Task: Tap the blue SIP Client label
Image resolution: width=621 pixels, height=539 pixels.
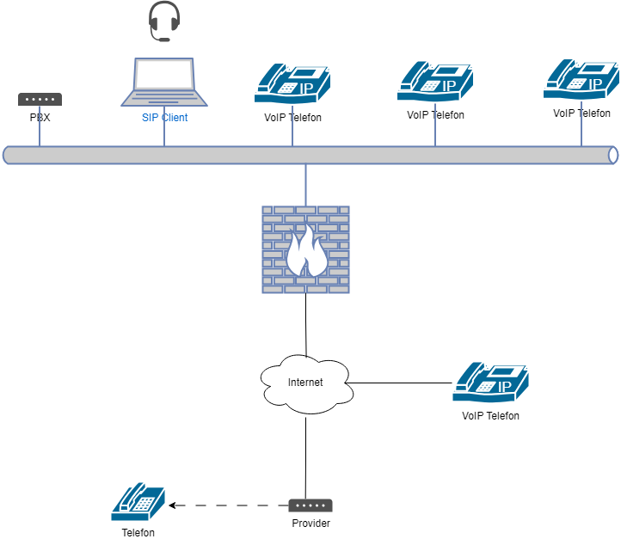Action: point(164,117)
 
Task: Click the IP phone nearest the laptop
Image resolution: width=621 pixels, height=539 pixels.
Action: point(292,83)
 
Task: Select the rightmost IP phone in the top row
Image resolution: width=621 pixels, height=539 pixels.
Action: point(581,79)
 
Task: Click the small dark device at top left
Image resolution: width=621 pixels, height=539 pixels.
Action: point(40,99)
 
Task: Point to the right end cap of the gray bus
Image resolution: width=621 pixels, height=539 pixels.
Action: point(612,155)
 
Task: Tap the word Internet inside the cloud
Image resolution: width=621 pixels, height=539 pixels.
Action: point(305,383)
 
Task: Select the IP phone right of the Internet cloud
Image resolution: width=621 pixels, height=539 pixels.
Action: point(490,382)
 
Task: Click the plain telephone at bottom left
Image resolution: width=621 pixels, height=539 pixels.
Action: point(138,501)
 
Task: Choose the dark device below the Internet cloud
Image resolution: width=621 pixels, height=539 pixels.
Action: point(310,505)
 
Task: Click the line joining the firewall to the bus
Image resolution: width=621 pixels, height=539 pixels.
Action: point(305,185)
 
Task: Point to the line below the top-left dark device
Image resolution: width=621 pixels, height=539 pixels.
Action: point(40,126)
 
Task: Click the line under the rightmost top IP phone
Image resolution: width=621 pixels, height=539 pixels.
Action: point(581,124)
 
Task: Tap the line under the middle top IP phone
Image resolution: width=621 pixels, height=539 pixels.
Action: point(435,125)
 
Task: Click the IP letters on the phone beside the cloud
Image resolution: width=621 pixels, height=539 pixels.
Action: point(505,388)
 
